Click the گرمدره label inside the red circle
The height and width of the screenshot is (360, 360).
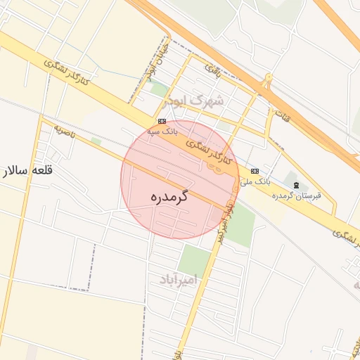pyautogui.click(x=169, y=198)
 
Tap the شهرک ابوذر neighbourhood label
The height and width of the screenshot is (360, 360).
pyautogui.click(x=194, y=101)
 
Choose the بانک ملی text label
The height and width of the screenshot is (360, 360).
pyautogui.click(x=255, y=181)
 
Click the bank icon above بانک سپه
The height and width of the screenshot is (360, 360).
pyautogui.click(x=162, y=120)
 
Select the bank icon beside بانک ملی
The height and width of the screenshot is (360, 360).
pyautogui.click(x=255, y=171)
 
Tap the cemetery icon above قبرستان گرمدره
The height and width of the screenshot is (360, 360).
pyautogui.click(x=295, y=185)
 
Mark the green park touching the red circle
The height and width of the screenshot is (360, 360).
pyautogui.click(x=241, y=224)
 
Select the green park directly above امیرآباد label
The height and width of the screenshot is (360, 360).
pyautogui.click(x=194, y=259)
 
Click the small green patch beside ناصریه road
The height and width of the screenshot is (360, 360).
pyautogui.click(x=96, y=141)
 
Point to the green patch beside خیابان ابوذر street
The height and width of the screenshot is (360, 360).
pyautogui.click(x=160, y=89)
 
